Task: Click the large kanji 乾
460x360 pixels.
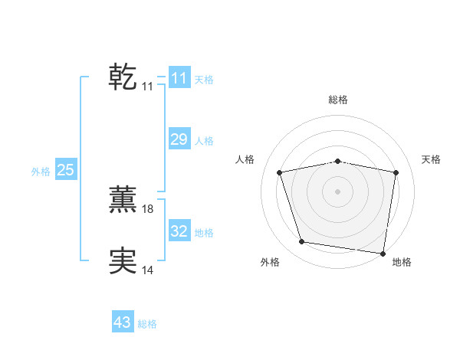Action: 123,77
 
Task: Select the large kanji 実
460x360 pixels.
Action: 123,260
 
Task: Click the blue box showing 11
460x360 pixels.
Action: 179,78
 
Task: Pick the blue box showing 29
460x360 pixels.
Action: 179,139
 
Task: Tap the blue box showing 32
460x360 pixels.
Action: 179,231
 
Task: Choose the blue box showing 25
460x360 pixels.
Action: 65,170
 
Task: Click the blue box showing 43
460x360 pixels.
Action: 123,322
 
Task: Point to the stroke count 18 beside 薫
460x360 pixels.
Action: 148,209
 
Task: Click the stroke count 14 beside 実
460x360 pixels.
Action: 148,270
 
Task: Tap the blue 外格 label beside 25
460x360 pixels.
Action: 41,172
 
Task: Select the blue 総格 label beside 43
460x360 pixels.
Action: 147,324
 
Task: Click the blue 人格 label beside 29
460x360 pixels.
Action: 204,141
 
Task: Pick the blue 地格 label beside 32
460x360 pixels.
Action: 204,233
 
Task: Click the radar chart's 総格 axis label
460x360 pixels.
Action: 338,100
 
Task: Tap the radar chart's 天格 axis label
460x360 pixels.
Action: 431,159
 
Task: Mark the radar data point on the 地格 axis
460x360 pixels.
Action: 383,253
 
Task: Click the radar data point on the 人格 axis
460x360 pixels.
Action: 280,172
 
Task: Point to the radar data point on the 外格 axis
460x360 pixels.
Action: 302,242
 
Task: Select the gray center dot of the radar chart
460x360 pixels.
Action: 338,191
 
